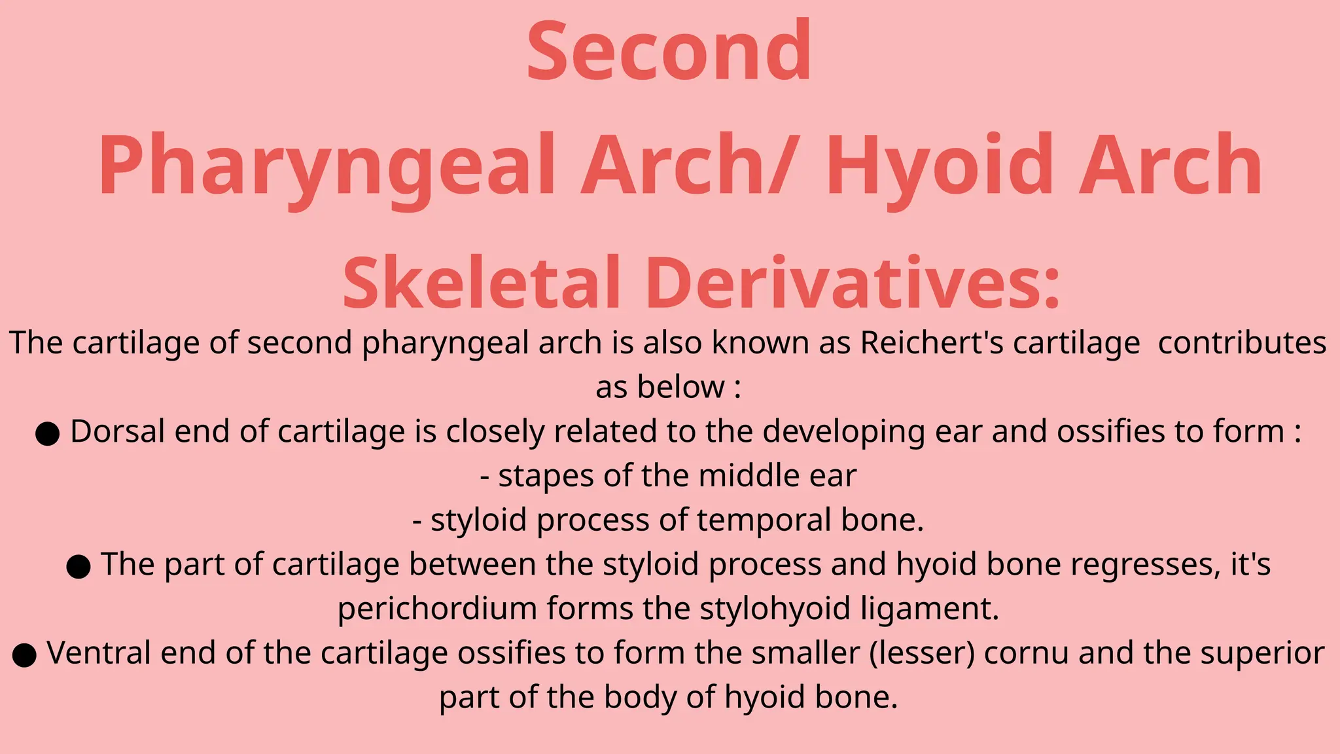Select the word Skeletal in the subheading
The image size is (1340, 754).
[481, 283]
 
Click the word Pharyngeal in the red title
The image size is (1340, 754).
[327, 167]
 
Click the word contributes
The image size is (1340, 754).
[1242, 343]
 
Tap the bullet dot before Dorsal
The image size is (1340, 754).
[47, 433]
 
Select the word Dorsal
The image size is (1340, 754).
[117, 431]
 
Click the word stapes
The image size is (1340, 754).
[546, 476]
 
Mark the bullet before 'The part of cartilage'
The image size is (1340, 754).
[79, 566]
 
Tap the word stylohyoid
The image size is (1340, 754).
[775, 609]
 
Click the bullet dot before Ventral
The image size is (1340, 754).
[24, 655]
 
